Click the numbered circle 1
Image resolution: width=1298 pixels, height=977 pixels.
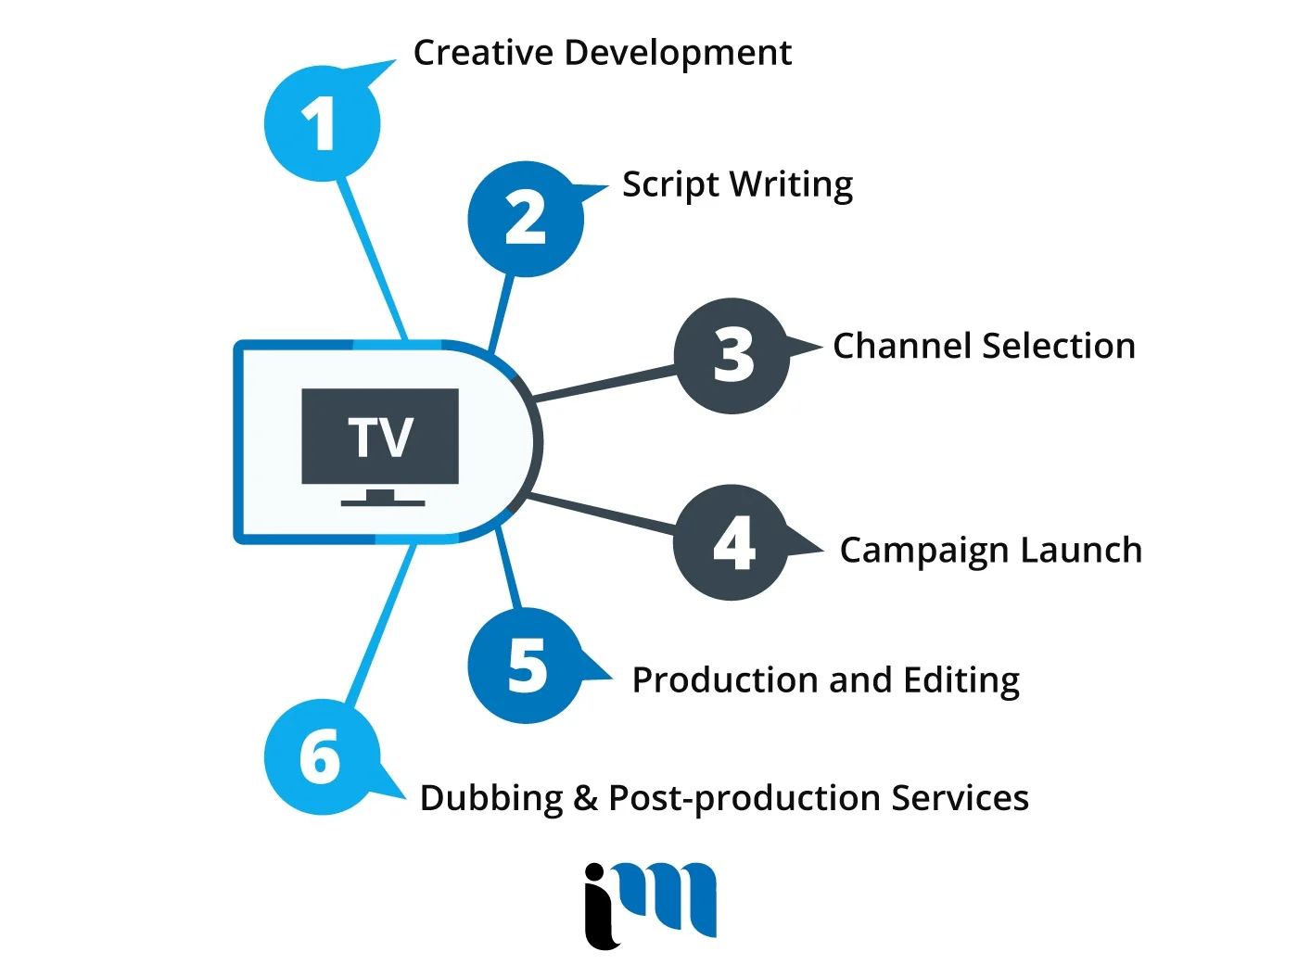coord(322,123)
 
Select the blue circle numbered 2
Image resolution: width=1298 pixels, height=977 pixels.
coord(526,219)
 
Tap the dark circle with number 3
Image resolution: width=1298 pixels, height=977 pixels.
coord(732,356)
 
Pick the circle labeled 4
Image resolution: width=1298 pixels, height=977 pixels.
coord(732,543)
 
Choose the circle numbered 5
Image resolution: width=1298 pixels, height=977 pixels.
coord(526,666)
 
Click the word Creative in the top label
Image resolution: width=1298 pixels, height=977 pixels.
coord(483,53)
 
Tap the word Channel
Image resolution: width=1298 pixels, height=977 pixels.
coord(902,346)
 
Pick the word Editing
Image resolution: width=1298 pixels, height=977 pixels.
coord(961,681)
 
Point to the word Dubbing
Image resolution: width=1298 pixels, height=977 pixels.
coord(491,798)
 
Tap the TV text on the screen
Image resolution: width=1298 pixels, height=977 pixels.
coord(380,437)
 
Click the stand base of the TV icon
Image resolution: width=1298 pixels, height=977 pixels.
coord(382,502)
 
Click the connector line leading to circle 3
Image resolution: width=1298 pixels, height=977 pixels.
coord(603,384)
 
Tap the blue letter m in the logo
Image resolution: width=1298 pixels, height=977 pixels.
coord(672,897)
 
